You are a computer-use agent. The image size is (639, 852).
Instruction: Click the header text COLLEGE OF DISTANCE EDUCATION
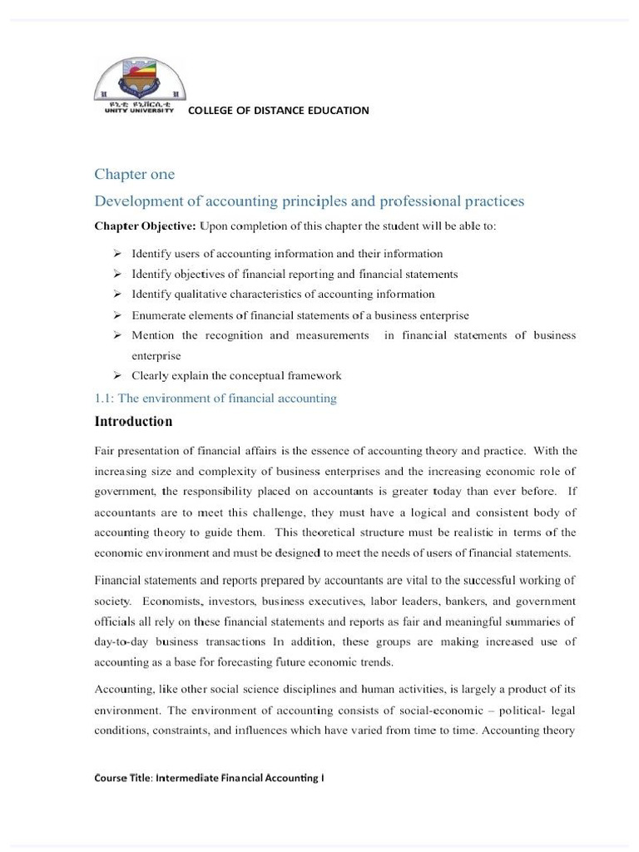(x=279, y=110)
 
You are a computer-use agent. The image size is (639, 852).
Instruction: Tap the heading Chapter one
(x=134, y=175)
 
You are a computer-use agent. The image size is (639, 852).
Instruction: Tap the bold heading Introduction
(x=133, y=422)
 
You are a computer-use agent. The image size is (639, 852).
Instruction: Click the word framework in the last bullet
(x=314, y=375)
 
